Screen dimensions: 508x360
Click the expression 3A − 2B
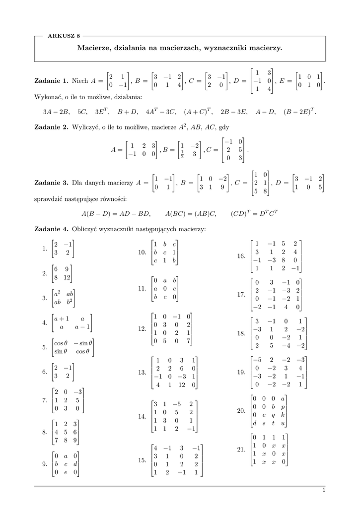[x=56, y=112]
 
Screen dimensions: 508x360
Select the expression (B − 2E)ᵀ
[x=300, y=112]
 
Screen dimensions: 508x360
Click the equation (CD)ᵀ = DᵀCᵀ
[x=255, y=214]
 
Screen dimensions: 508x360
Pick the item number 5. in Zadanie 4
[x=45, y=348]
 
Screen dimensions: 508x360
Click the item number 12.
[x=142, y=329]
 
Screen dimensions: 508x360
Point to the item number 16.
[x=242, y=256]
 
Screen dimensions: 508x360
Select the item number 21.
[x=242, y=449]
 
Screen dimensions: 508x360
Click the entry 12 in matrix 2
[x=68, y=278]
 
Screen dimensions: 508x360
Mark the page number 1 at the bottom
[x=323, y=490]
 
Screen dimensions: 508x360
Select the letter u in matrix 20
[x=283, y=423]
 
